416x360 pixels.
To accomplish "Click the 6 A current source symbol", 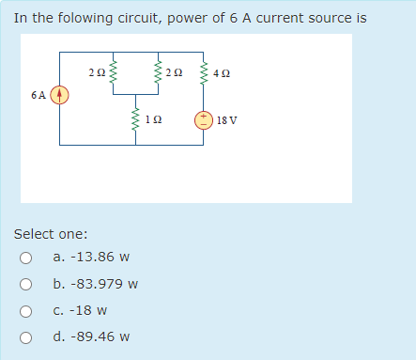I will point(60,95).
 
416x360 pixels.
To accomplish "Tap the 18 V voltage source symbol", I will point(203,119).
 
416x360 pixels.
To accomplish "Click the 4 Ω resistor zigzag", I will point(203,72).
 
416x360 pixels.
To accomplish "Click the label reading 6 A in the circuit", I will point(39,95).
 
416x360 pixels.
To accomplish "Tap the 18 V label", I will point(226,120).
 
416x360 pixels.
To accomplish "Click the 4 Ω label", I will point(221,72).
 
